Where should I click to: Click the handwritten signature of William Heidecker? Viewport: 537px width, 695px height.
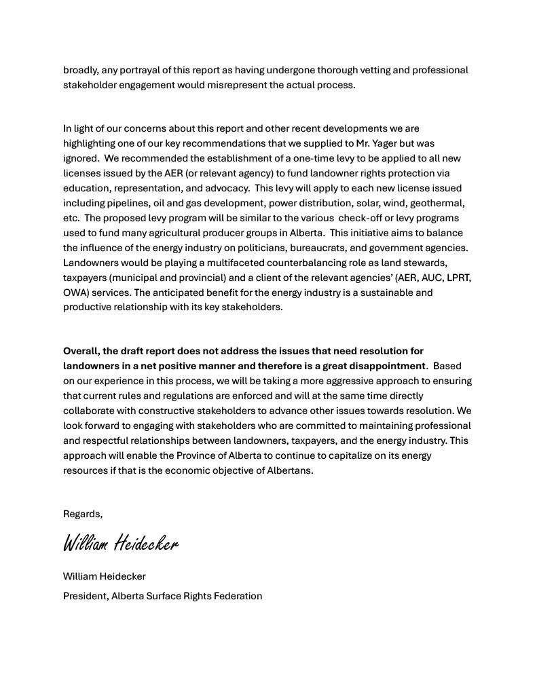121,544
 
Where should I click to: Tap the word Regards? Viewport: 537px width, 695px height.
82,514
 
